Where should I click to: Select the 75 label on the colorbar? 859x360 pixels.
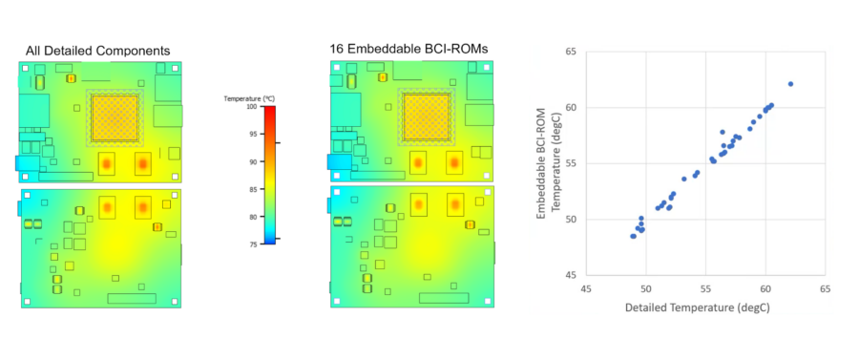click(x=251, y=244)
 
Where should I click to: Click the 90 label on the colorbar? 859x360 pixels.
click(x=251, y=162)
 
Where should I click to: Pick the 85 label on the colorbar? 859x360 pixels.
click(x=251, y=189)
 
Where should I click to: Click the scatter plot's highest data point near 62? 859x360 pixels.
click(x=790, y=84)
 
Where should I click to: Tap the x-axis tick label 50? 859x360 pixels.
click(x=646, y=288)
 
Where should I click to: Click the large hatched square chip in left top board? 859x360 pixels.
click(x=115, y=118)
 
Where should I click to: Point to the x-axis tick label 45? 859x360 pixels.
click(x=586, y=288)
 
